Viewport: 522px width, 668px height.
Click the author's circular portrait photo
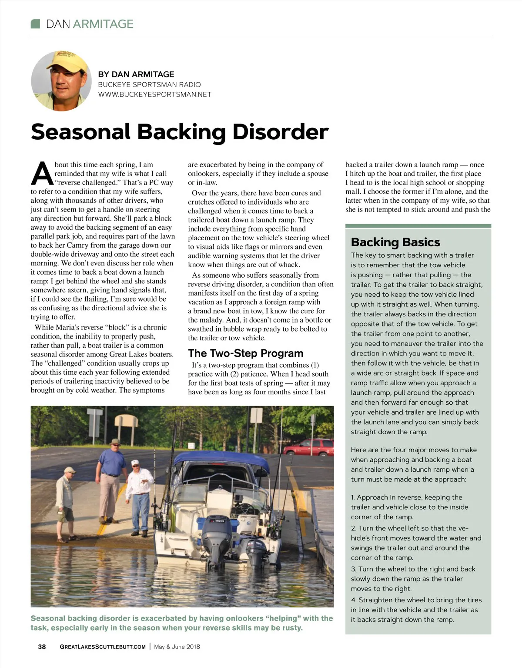click(x=61, y=81)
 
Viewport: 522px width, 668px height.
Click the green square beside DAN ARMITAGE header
click(x=36, y=24)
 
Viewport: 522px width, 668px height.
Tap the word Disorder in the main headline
click(x=280, y=131)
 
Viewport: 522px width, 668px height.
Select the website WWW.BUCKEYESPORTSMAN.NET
click(x=154, y=94)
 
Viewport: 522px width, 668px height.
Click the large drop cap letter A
click(x=42, y=174)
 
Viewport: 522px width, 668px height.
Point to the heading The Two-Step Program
click(x=245, y=353)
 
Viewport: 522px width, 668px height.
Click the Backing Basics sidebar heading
click(x=395, y=242)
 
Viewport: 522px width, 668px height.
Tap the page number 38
click(x=42, y=647)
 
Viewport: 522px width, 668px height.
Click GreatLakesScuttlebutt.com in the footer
click(x=103, y=647)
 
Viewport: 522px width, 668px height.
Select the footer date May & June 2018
click(x=177, y=647)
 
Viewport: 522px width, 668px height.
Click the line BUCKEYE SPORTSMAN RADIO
click(x=149, y=84)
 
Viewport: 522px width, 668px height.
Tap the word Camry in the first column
click(x=77, y=245)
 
